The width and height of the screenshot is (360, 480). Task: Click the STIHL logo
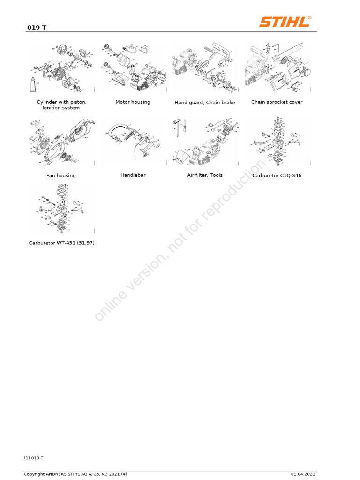coord(285,22)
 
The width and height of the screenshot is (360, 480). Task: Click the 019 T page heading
coord(36,28)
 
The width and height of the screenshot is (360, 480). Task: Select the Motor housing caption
coord(133,102)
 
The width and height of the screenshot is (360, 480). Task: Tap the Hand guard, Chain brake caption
coord(205,102)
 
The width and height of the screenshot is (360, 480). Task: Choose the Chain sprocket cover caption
coord(277,102)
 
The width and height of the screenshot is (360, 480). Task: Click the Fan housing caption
coord(61,175)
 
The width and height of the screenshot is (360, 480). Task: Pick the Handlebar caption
coord(133,175)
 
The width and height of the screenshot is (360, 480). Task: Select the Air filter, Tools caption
coord(205,175)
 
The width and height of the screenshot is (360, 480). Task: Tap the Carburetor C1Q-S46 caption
coord(277,175)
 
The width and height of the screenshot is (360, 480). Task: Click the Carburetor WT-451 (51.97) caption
coord(61,243)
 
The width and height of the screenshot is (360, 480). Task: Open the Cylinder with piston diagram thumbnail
coord(61,67)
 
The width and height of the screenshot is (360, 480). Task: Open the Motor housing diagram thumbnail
coord(133,67)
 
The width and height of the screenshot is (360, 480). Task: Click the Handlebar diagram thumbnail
coord(133,141)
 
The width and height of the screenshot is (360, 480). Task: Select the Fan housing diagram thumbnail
coord(61,141)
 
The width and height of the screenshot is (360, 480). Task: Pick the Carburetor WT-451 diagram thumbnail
coord(61,209)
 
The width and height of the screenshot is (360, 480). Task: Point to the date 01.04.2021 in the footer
coord(303,474)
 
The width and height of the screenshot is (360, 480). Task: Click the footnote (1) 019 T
coord(34,457)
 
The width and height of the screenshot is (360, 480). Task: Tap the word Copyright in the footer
coord(34,474)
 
